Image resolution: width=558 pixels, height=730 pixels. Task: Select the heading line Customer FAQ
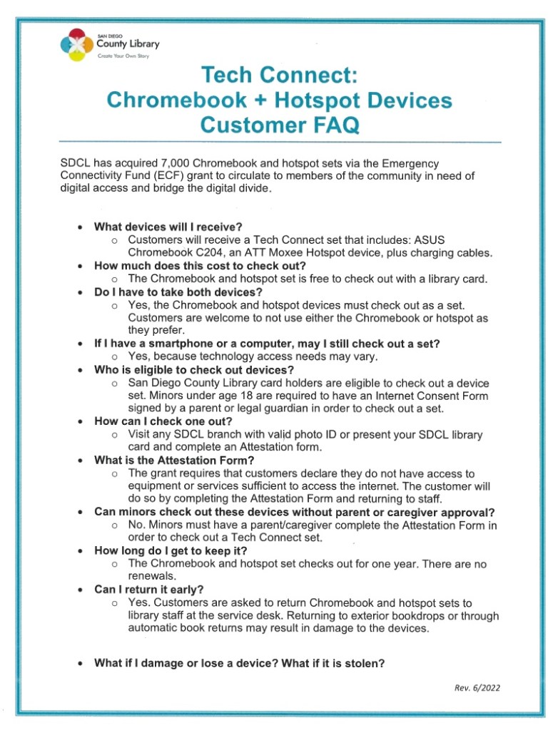pyautogui.click(x=280, y=125)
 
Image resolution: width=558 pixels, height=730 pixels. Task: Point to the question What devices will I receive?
pyautogui.click(x=168, y=227)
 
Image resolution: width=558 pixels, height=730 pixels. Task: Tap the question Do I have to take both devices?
pyautogui.click(x=178, y=292)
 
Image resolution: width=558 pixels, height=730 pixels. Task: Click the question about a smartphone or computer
pyautogui.click(x=267, y=344)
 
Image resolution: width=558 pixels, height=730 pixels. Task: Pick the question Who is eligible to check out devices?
pyautogui.click(x=194, y=370)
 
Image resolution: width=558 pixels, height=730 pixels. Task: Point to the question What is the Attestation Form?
pyautogui.click(x=176, y=461)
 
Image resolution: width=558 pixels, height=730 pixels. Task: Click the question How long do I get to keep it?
pyautogui.click(x=171, y=551)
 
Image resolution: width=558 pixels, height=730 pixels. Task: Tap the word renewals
pyautogui.click(x=151, y=577)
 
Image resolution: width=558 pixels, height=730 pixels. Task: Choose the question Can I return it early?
pyautogui.click(x=149, y=590)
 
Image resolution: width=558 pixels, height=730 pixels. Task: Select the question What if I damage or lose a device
pyautogui.click(x=240, y=663)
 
